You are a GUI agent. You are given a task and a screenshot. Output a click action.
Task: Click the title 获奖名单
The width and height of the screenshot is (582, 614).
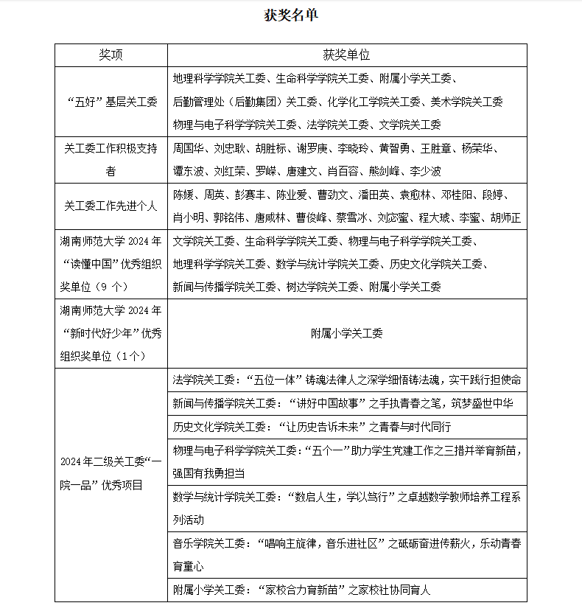[291, 15]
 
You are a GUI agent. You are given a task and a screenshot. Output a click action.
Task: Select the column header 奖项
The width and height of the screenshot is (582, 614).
[111, 55]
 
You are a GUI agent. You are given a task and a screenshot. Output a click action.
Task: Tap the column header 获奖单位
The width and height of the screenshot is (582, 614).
[346, 55]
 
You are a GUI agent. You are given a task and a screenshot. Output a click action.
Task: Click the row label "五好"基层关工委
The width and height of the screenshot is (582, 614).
[111, 102]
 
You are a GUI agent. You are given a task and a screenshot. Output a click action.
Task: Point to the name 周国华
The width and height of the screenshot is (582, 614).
[188, 148]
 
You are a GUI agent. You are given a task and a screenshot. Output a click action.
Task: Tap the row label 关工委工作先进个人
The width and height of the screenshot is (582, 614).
[111, 206]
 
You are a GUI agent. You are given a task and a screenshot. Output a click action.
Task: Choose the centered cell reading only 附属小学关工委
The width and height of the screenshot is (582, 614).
[346, 333]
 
